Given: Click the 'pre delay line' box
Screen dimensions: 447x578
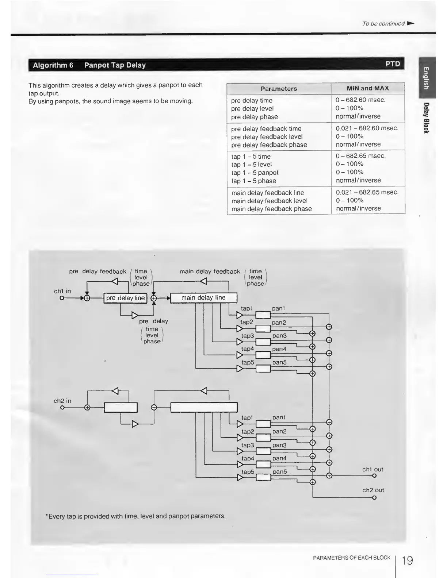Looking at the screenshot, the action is pyautogui.click(x=125, y=298).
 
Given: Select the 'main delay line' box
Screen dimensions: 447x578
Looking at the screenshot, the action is pyautogui.click(x=203, y=298).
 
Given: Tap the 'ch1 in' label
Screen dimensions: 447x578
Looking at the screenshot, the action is pyautogui.click(x=62, y=291).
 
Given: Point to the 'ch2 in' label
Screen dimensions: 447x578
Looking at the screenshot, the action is pyautogui.click(x=62, y=401).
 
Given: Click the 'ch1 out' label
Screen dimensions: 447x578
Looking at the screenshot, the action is pyautogui.click(x=372, y=470).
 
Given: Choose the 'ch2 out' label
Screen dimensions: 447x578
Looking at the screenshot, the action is pyautogui.click(x=373, y=490).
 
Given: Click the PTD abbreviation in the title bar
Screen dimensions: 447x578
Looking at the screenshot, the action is pyautogui.click(x=393, y=64).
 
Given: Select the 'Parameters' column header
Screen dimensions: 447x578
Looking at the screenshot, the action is pyautogui.click(x=279, y=89).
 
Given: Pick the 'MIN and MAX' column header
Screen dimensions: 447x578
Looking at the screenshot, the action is pyautogui.click(x=368, y=88).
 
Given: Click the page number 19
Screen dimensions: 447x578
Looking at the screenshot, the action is pyautogui.click(x=407, y=560).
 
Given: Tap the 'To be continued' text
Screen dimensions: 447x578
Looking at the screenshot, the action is pyautogui.click(x=383, y=24).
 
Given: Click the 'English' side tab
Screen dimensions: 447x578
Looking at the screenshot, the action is pyautogui.click(x=426, y=78).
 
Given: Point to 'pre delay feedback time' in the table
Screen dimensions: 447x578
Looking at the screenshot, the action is pyautogui.click(x=266, y=129).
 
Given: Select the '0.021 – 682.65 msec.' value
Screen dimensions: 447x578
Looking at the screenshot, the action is pyautogui.click(x=367, y=192).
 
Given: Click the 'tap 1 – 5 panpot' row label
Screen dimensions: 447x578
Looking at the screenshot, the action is pyautogui.click(x=255, y=173).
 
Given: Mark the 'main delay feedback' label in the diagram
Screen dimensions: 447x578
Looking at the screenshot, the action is pyautogui.click(x=210, y=271).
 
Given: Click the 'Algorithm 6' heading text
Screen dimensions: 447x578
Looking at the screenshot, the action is pyautogui.click(x=53, y=65).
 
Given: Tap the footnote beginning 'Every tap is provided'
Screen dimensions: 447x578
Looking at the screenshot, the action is pyautogui.click(x=135, y=516).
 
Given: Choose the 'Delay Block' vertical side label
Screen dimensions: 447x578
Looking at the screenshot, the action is pyautogui.click(x=426, y=118).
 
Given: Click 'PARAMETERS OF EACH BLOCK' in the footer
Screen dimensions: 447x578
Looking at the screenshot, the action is pyautogui.click(x=352, y=558).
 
